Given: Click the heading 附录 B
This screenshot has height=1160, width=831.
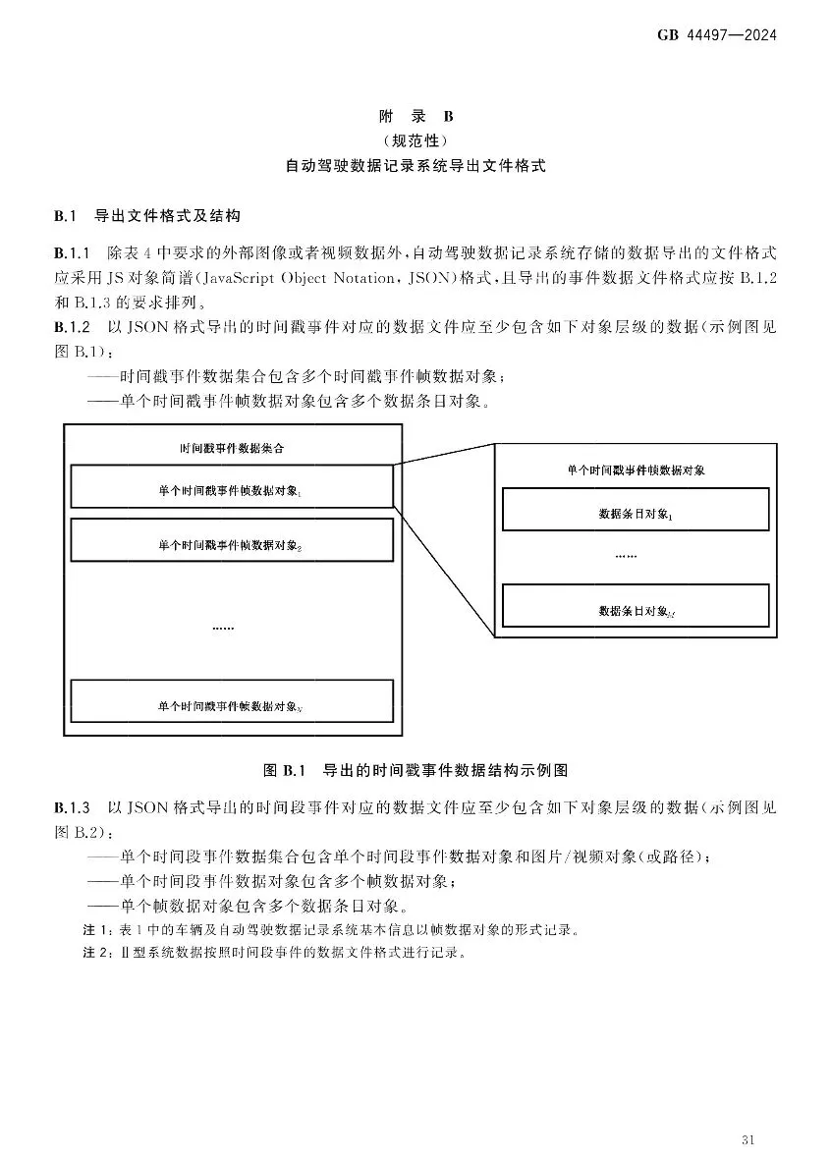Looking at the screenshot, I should [x=415, y=117].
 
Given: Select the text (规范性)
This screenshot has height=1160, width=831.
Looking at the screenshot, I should [x=415, y=141].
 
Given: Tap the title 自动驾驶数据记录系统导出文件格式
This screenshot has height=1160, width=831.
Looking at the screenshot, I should [x=415, y=167].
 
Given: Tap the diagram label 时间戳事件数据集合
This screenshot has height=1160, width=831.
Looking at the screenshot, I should [x=233, y=448].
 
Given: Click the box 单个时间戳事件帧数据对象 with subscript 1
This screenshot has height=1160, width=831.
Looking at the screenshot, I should [x=232, y=487].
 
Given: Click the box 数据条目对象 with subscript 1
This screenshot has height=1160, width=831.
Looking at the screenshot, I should [x=635, y=510].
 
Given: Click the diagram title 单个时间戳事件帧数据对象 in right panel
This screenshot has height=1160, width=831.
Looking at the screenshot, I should [x=636, y=470].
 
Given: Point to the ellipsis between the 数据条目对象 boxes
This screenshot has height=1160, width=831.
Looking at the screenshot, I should [x=626, y=556].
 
